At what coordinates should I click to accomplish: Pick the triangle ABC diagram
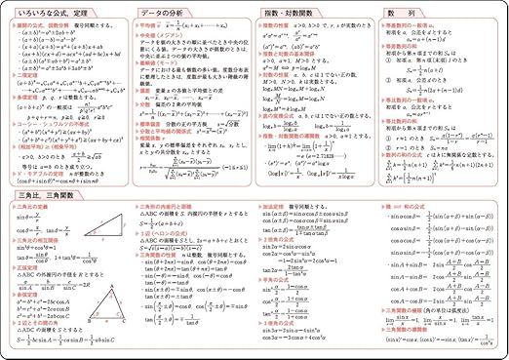[99, 310]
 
